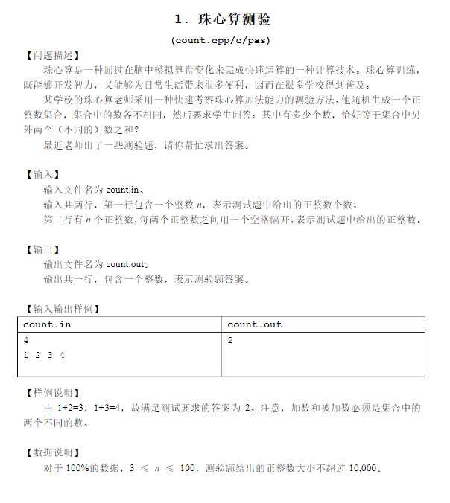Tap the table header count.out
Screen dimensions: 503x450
pos(255,324)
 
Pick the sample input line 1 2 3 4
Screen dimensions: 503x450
pos(44,355)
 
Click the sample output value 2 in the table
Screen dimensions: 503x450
pos(230,340)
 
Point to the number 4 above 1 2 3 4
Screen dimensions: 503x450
pos(26,340)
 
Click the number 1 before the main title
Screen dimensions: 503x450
pos(177,19)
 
